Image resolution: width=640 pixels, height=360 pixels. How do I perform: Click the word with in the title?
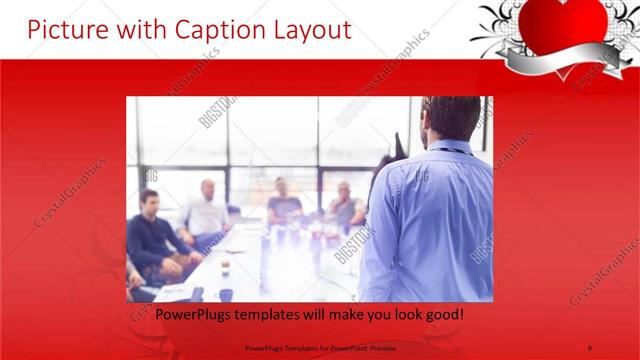(x=137, y=30)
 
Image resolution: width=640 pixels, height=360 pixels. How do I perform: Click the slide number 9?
(x=591, y=347)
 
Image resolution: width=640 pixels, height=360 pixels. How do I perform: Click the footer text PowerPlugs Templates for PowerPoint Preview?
(x=319, y=347)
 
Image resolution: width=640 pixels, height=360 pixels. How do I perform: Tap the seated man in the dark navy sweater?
(x=152, y=235)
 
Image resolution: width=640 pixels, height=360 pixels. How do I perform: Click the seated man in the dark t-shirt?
(x=284, y=204)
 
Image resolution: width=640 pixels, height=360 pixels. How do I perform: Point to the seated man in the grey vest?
(x=345, y=205)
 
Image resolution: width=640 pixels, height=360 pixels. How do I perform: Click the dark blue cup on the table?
(x=226, y=293)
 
